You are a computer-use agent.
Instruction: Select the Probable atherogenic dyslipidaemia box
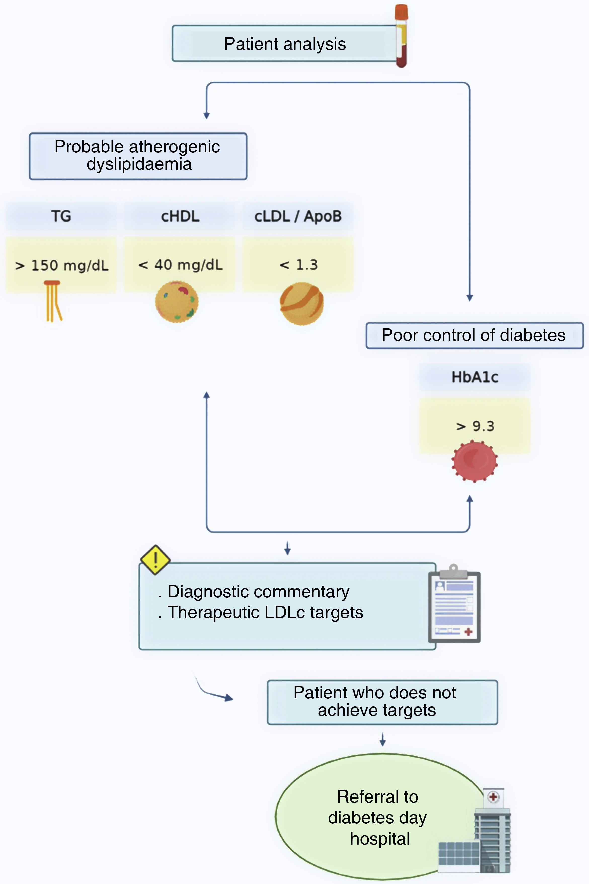coord(138,156)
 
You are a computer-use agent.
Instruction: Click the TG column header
coord(61,216)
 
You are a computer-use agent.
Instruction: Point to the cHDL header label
coord(180,216)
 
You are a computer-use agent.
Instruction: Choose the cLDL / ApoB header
coord(298,216)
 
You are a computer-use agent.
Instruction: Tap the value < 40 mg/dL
coord(180,265)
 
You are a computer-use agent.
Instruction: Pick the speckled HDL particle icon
coord(177,302)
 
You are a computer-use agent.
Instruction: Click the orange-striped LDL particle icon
coord(301,303)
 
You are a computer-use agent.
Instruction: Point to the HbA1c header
coord(475,377)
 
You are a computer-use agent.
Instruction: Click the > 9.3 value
coord(475,426)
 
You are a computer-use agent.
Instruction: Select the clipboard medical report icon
coord(454,604)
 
